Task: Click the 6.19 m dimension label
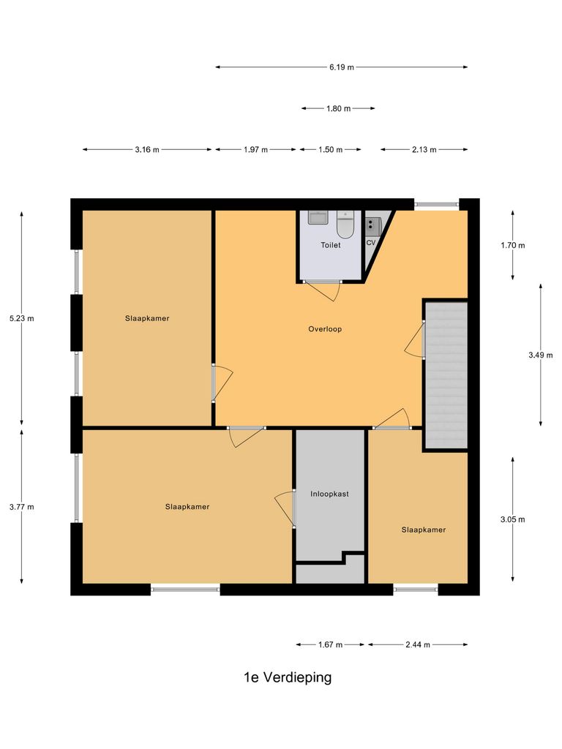click(341, 67)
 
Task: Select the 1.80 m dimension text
click(337, 108)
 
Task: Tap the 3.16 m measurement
click(147, 149)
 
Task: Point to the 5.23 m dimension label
click(21, 318)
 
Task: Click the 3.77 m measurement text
click(21, 506)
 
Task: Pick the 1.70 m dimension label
click(512, 245)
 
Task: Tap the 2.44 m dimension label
click(417, 644)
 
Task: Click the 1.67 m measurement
click(330, 644)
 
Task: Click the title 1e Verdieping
click(288, 677)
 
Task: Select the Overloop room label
click(325, 329)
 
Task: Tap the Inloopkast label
click(329, 494)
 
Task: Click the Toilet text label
click(330, 246)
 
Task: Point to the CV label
click(370, 242)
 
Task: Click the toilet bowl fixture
click(345, 224)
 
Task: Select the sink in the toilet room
click(318, 218)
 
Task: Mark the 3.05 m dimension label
click(512, 519)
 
